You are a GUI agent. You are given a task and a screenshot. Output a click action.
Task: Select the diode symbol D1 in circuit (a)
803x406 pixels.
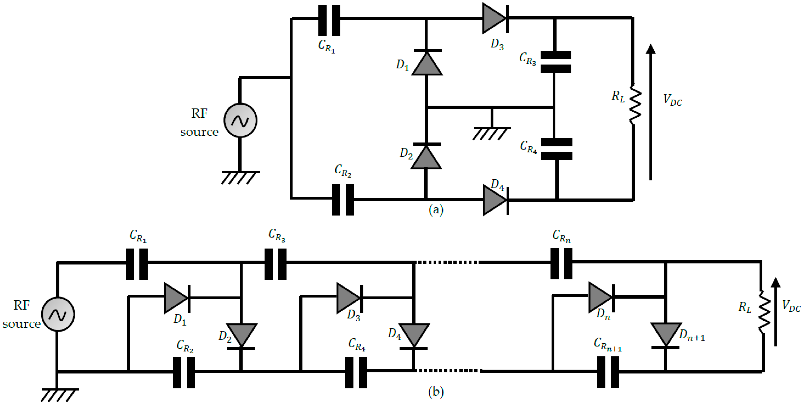point(427,63)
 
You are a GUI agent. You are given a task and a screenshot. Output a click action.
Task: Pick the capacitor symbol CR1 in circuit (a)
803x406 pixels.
point(329,20)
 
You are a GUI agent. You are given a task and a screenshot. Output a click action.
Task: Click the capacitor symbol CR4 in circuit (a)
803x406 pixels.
point(556,149)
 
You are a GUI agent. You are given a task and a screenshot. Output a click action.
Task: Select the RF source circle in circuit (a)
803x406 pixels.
point(240,120)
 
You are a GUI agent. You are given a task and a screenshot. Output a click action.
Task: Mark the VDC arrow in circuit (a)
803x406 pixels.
point(651,112)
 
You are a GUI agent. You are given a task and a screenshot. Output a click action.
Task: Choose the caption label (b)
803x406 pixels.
point(436,392)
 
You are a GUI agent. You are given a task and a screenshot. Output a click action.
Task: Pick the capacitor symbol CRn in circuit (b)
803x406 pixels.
point(561,263)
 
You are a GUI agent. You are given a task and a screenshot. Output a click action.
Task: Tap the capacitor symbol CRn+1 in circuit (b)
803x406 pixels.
point(608,372)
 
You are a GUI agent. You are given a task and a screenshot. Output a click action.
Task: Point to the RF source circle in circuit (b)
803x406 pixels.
point(58,314)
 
